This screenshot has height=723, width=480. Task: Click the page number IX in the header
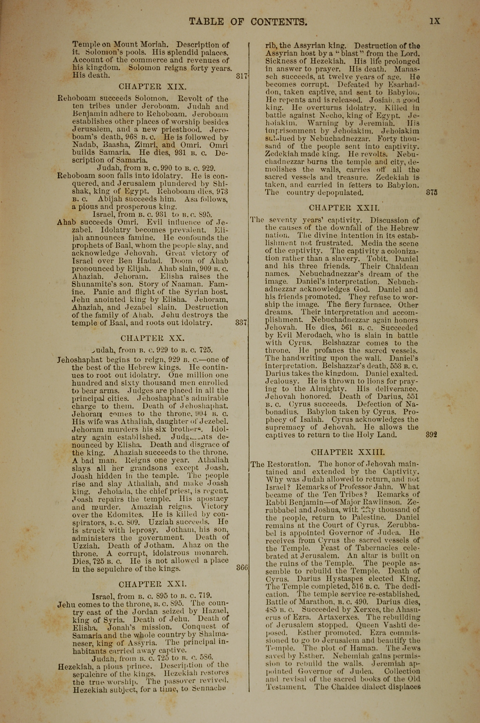[435, 21]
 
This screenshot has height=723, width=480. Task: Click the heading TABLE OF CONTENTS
[248, 22]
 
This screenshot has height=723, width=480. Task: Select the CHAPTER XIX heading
[152, 87]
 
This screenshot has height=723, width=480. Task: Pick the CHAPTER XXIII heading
[348, 452]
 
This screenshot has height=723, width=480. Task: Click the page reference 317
[241, 76]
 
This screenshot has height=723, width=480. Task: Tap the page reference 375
[432, 193]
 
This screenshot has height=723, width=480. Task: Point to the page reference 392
[431, 434]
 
